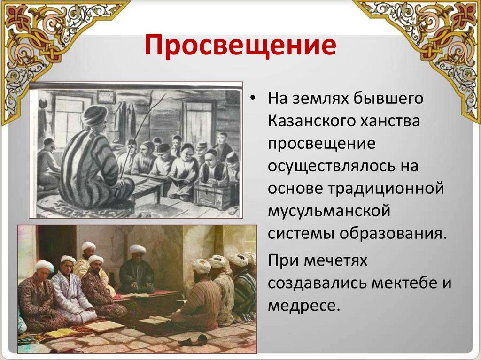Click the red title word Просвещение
click(240, 46)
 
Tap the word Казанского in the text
click(311, 121)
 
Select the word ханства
click(390, 121)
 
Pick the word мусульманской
click(329, 211)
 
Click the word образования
click(392, 234)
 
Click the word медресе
click(304, 306)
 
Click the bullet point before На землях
click(252, 98)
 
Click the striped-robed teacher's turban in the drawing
click(95, 115)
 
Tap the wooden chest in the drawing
click(211, 195)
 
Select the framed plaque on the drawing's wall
click(106, 98)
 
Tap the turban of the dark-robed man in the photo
click(137, 249)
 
